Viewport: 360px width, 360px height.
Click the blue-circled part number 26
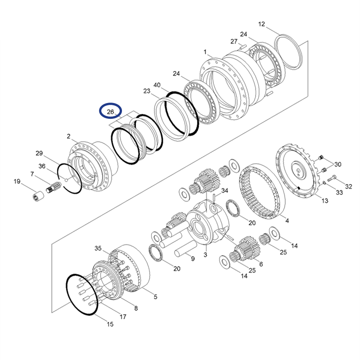pos(111,111)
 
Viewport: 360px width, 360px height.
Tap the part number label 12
pos(262,24)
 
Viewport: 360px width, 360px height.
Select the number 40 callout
pos(157,85)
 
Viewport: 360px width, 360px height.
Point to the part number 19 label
pos(17,182)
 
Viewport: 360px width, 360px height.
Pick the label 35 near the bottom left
pos(98,248)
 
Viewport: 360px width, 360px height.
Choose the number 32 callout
pos(348,186)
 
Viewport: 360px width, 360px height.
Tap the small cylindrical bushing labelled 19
pos(36,197)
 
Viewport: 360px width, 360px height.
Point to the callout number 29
pos(39,153)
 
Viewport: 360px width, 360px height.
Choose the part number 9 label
pos(193,259)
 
